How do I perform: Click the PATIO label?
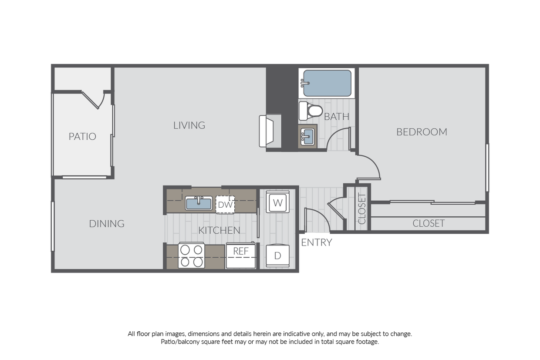[82, 136]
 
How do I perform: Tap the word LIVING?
[189, 125]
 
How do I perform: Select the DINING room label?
[107, 224]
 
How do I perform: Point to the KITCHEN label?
[219, 230]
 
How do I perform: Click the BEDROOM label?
[422, 132]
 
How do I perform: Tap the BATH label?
[337, 117]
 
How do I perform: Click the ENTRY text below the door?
[317, 243]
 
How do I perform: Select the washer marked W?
[277, 202]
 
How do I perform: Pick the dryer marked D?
[277, 256]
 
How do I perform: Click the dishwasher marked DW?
[226, 205]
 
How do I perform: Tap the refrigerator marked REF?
[241, 255]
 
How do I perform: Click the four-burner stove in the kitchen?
[192, 256]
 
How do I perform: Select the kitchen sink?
[199, 203]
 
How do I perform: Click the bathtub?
[327, 83]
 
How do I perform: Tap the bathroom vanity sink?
[308, 136]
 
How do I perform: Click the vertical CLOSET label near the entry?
[362, 209]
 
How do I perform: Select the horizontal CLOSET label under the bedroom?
[429, 223]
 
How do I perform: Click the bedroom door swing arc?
[374, 165]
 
